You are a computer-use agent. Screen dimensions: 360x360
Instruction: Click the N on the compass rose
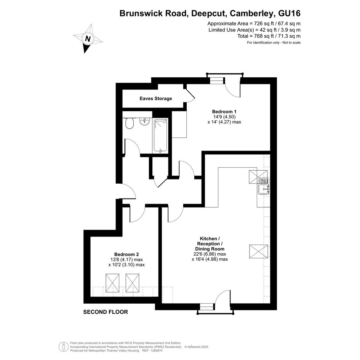(x=88, y=38)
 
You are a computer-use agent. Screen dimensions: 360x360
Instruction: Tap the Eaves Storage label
(x=156, y=99)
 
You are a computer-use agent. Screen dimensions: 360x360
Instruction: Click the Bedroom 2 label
(x=126, y=254)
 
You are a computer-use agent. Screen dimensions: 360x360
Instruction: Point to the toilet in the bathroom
(x=130, y=123)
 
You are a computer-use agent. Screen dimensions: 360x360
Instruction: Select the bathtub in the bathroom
(x=160, y=136)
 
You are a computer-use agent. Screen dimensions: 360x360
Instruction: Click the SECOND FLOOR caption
(x=106, y=312)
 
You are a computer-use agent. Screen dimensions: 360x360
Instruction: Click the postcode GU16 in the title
(x=289, y=13)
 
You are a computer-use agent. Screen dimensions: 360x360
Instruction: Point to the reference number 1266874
(x=156, y=350)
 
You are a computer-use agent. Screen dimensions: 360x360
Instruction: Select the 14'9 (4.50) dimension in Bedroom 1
(x=224, y=117)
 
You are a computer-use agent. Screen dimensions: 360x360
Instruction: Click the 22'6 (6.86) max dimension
(x=210, y=254)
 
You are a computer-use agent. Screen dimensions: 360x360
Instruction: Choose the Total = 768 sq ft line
(x=269, y=36)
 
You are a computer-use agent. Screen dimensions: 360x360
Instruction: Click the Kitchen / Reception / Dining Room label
(x=210, y=243)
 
